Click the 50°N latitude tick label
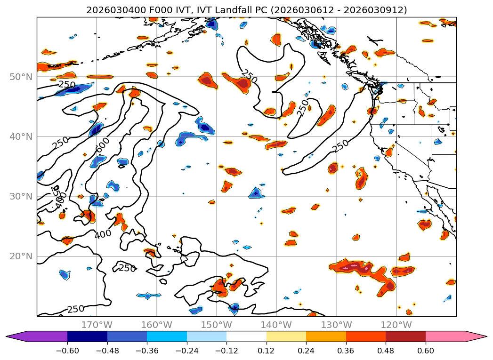(x=21, y=77)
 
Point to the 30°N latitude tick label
(x=21, y=196)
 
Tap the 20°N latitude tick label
(x=21, y=256)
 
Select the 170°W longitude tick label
(x=97, y=325)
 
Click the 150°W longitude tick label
(x=217, y=325)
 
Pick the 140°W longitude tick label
(x=276, y=325)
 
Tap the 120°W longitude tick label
(x=396, y=325)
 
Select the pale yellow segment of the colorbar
(x=286, y=336)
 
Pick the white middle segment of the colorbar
(x=246, y=336)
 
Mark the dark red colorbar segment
(x=405, y=336)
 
